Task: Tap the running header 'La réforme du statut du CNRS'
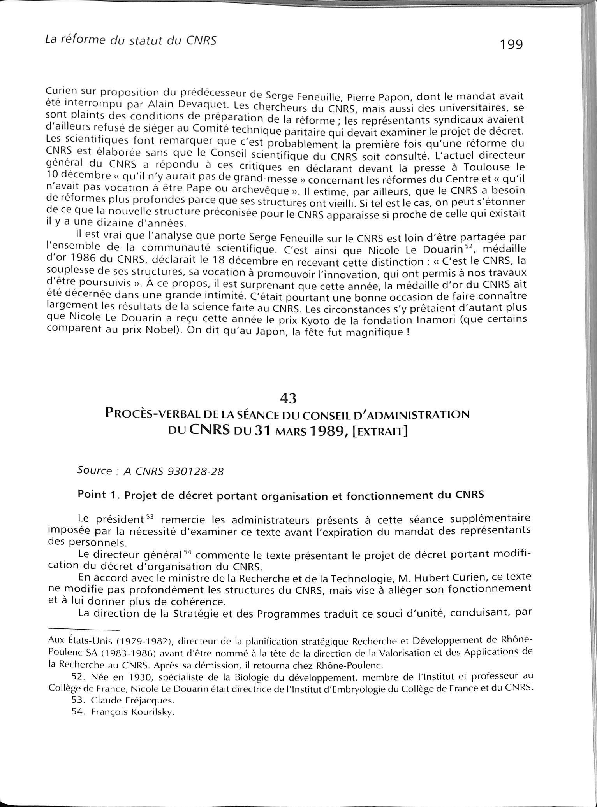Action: pos(130,40)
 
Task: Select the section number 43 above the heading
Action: pos(288,398)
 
